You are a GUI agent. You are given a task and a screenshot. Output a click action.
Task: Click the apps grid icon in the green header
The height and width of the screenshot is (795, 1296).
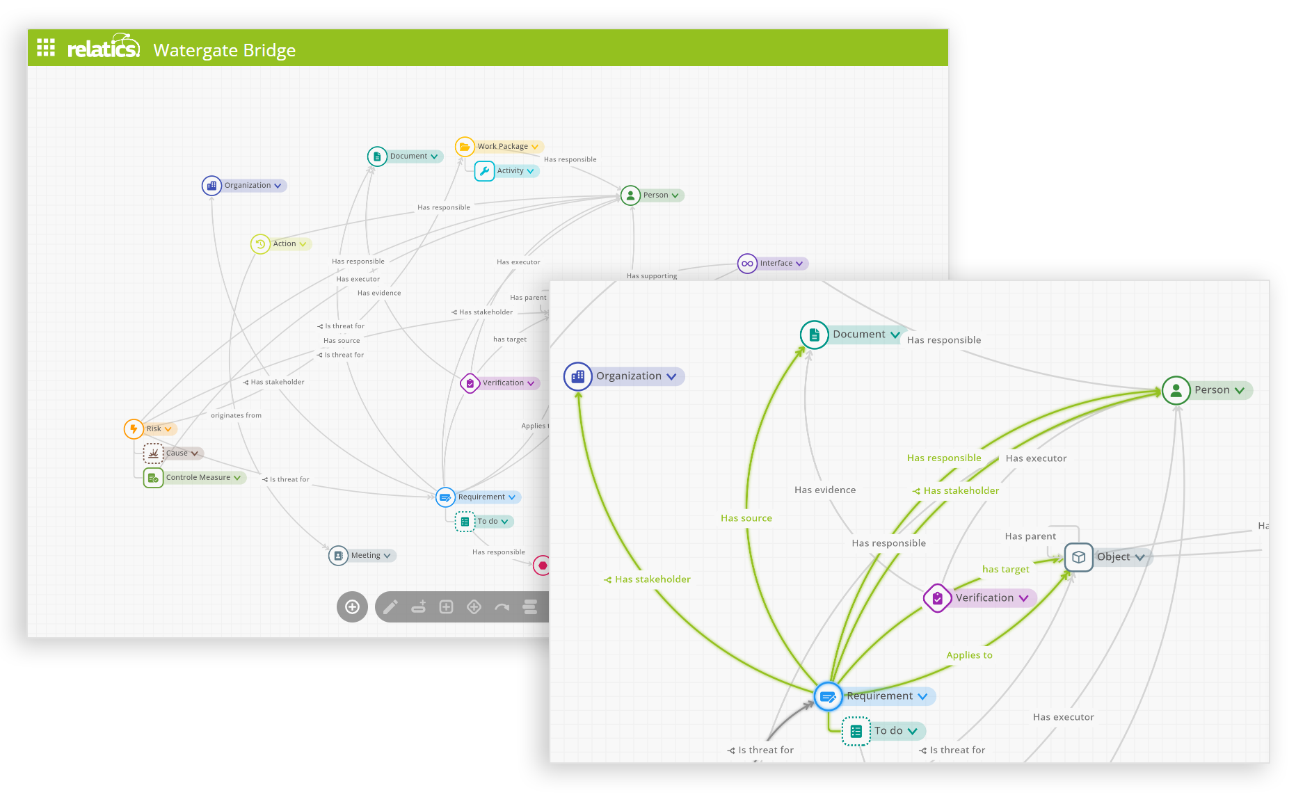(x=46, y=47)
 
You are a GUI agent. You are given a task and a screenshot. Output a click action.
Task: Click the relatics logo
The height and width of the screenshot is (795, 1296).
(x=103, y=47)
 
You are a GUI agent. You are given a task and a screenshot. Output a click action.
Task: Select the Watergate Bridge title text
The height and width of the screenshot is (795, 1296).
(x=224, y=50)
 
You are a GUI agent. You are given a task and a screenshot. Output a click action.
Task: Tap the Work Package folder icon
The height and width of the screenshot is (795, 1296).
(x=465, y=147)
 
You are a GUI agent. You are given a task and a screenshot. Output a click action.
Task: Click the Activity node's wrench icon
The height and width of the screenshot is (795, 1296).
(x=484, y=171)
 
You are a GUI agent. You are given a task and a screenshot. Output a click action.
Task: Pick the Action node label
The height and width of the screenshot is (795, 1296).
(x=285, y=244)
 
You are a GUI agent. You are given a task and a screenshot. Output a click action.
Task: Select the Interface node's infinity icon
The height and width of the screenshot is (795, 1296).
(x=747, y=264)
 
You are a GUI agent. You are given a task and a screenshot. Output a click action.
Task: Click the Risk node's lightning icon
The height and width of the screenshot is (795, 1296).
(x=134, y=429)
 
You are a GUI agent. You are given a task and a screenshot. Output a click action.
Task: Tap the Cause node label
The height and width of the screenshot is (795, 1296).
(x=177, y=453)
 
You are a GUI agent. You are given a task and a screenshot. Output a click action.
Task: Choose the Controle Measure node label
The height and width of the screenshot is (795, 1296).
(x=198, y=478)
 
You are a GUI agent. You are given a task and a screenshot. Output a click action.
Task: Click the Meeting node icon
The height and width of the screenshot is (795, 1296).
(x=338, y=556)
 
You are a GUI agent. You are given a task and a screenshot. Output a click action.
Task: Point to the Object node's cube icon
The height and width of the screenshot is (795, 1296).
(x=1078, y=557)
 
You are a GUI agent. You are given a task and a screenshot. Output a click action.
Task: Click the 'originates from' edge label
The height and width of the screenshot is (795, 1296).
(x=237, y=416)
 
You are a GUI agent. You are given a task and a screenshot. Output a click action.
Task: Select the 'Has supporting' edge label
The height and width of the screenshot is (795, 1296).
(x=652, y=276)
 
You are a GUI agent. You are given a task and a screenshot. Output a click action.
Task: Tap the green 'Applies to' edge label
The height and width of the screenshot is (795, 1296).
(x=969, y=655)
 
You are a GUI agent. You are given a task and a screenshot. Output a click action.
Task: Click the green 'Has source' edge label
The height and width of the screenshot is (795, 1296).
(x=746, y=518)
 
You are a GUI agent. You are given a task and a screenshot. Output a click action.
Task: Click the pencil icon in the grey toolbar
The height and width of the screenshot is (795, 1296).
(x=391, y=607)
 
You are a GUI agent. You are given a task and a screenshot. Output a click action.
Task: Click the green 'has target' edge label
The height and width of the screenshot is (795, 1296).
(x=1005, y=570)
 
